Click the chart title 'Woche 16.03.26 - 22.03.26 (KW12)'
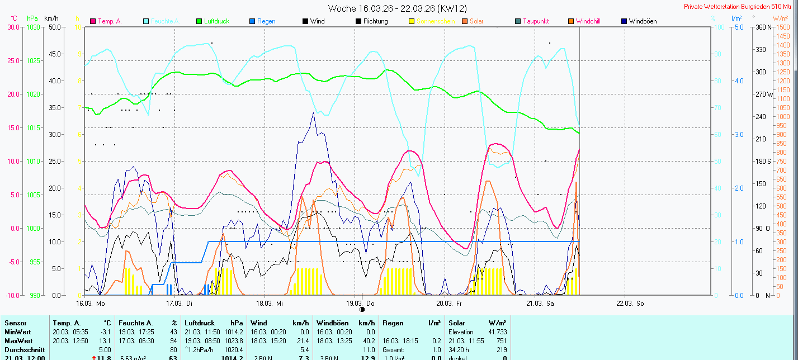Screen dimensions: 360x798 [398, 8]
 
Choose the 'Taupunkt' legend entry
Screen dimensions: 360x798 [535, 21]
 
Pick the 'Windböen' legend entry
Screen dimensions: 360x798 [642, 21]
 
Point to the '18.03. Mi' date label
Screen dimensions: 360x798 [270, 304]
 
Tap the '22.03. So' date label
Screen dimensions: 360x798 [630, 304]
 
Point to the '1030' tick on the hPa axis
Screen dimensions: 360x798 [34, 27]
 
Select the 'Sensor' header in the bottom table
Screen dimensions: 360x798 [15, 323]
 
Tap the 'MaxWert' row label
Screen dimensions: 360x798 [18, 341]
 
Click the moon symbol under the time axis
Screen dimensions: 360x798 [362, 309]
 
